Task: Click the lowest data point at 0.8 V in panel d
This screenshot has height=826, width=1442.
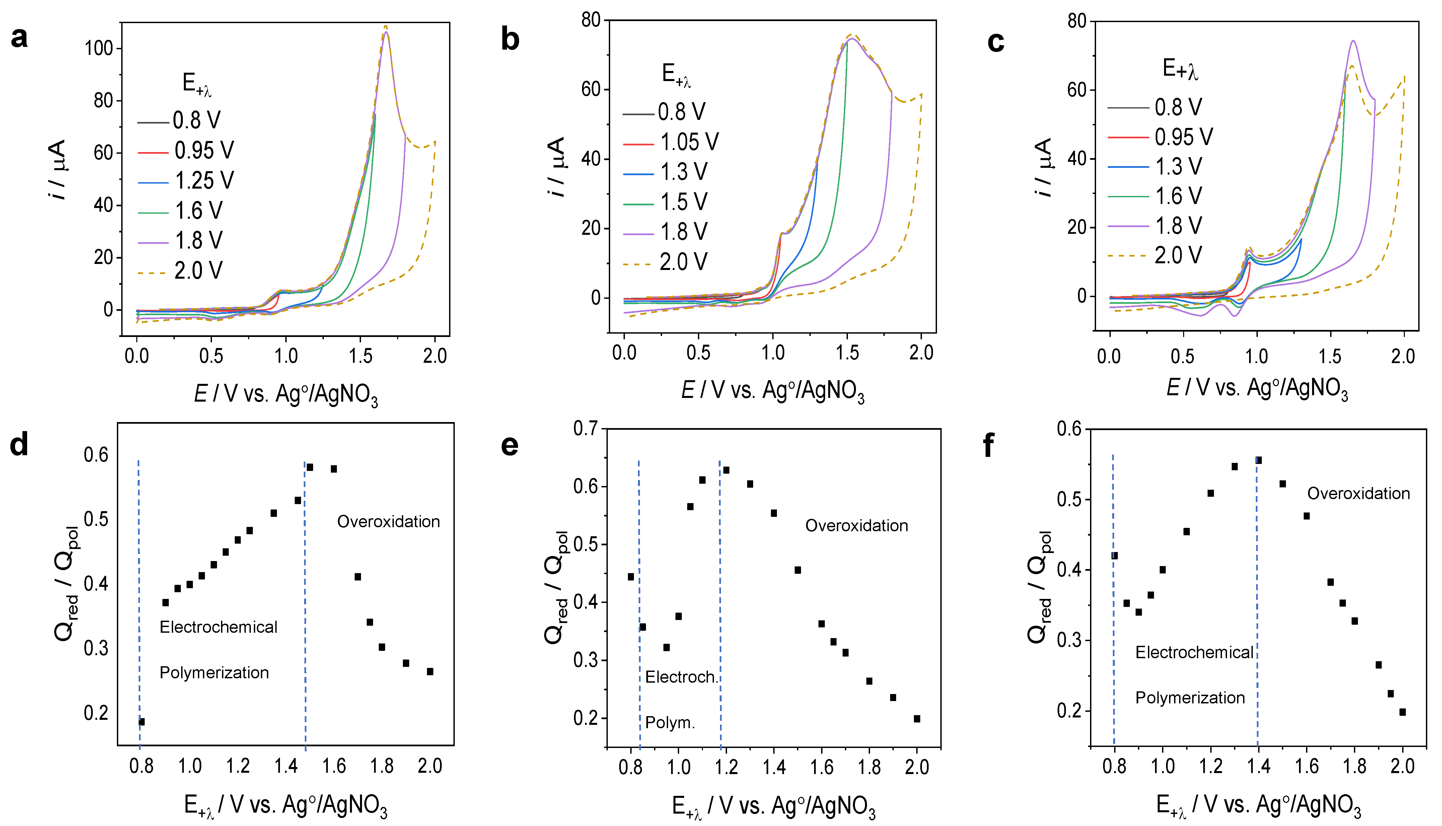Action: tap(142, 721)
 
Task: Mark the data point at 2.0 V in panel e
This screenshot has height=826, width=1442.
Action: tap(917, 719)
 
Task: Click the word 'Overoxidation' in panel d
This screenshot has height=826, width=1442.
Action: tap(388, 521)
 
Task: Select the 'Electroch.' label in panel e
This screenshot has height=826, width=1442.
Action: tap(681, 677)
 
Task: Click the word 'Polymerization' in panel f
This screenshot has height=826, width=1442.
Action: tap(1189, 698)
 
